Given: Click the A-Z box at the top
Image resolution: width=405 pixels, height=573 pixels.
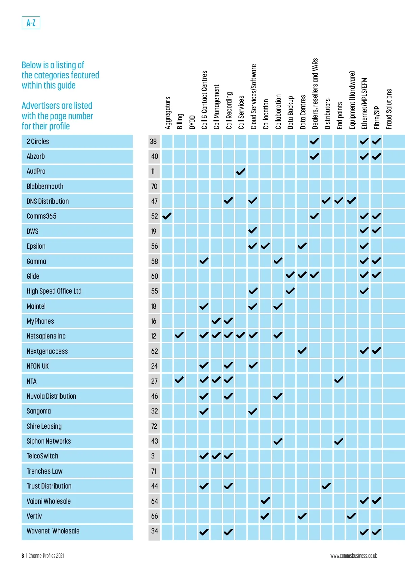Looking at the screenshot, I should point(31,23).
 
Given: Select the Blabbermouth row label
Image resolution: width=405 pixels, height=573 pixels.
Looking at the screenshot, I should point(45,186).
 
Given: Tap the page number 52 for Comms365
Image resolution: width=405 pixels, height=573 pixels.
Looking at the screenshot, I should point(154,216).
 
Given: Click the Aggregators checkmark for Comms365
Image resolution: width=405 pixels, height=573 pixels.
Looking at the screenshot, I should point(167,216).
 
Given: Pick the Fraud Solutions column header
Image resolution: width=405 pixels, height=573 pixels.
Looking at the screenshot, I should point(389,109).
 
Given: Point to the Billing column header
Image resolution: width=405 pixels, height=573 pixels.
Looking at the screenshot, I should point(180,121).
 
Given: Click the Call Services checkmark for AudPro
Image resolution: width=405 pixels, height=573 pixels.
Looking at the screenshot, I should point(241,172).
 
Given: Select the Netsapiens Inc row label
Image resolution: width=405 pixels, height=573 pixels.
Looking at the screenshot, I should point(46,336).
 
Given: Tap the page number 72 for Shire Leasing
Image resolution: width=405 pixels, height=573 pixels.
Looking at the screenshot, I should point(154,426).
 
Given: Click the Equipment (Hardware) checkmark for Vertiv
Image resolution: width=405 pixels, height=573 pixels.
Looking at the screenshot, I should point(351,516).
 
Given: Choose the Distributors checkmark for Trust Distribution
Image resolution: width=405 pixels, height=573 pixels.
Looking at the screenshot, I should point(326,486).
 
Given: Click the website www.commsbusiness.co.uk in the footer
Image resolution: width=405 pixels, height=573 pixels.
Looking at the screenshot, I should point(353,556).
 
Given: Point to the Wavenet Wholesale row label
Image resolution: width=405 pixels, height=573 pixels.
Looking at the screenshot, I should point(53,531).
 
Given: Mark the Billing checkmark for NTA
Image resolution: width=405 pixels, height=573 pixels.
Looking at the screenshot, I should point(179,380).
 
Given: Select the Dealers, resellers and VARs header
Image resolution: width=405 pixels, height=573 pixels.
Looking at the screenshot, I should point(315,94).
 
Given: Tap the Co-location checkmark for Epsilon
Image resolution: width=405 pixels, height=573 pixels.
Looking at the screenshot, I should point(265,246).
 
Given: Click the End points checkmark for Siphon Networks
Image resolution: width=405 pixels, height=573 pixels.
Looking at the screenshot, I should point(339,441).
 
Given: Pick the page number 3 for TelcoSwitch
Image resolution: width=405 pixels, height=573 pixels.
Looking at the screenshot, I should point(153,456).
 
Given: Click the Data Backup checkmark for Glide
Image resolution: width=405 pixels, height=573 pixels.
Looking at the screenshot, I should point(290,275).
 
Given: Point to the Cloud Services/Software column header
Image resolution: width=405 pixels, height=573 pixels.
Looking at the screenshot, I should point(253,97).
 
